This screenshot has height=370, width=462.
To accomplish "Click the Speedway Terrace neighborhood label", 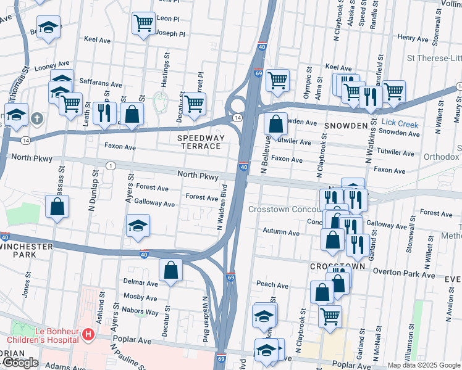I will tap(199, 141).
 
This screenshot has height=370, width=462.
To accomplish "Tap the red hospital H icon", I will tap(88, 335).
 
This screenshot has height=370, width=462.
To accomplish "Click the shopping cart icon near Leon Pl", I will tap(143, 23).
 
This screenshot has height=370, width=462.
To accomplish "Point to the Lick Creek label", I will tap(400, 124).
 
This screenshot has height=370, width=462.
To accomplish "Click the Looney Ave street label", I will tap(52, 65).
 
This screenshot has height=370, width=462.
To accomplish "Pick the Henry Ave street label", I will tap(413, 38).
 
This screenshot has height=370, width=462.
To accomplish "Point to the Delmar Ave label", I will tap(142, 284).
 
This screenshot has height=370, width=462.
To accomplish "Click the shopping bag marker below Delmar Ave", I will tap(170, 269).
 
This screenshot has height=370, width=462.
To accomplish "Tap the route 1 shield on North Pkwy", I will tap(111, 165).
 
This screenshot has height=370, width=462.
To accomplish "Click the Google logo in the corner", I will tap(20, 363).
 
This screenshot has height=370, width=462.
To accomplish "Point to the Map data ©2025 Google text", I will tap(423, 365).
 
